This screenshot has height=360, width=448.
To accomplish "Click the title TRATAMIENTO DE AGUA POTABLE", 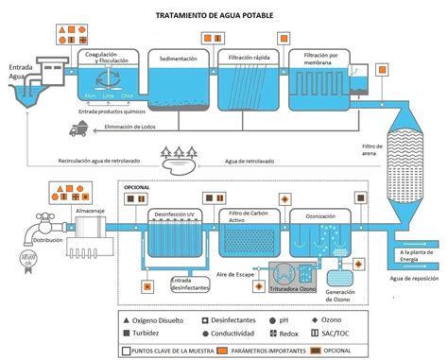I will pos(225,16).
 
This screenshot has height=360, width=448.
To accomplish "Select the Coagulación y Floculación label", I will pos(107,59).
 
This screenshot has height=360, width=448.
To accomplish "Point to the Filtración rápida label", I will pos(248,59).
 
